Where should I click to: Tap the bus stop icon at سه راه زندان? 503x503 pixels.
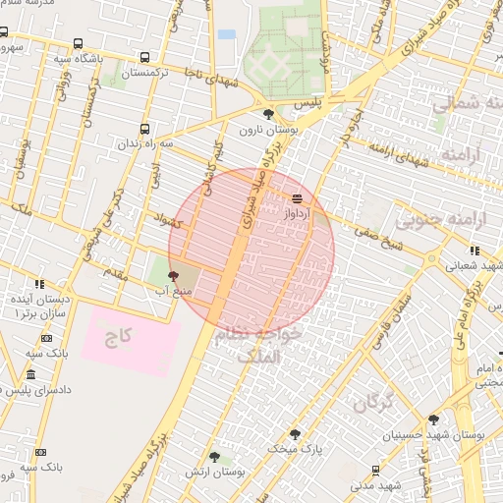pyautogui.click(x=145, y=129)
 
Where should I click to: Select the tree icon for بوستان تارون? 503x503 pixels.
pyautogui.click(x=268, y=114)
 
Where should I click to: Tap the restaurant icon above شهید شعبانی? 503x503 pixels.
pyautogui.click(x=475, y=251)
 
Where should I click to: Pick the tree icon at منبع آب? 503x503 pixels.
pyautogui.click(x=174, y=276)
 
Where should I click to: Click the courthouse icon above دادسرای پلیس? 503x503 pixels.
pyautogui.click(x=30, y=375)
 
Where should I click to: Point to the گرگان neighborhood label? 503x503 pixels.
pyautogui.click(x=372, y=401)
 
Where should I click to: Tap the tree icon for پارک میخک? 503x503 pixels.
pyautogui.click(x=295, y=433)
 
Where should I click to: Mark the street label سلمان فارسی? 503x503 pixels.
pyautogui.click(x=392, y=325)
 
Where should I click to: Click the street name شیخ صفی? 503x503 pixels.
pyautogui.click(x=374, y=232)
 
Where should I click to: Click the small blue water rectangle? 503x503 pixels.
pyautogui.click(x=227, y=34)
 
